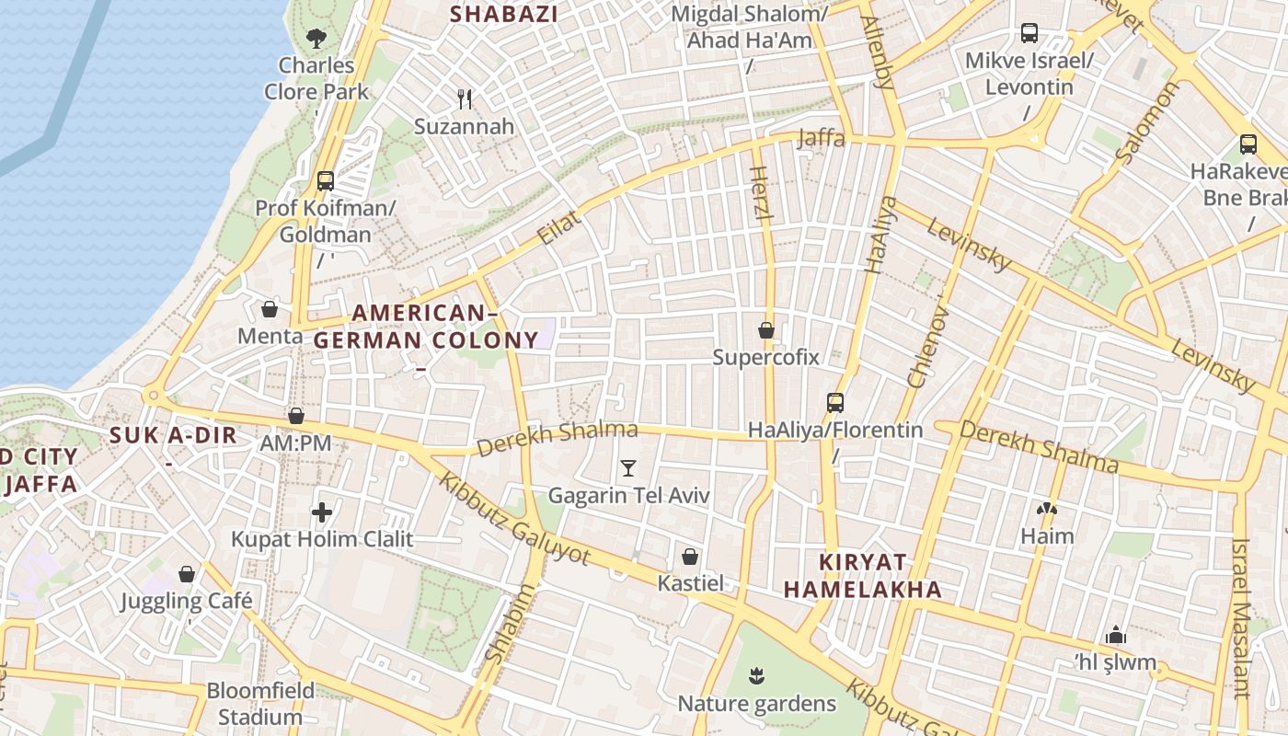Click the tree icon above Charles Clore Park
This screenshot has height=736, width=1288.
(316, 39)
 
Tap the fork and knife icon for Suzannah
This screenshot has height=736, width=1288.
(465, 99)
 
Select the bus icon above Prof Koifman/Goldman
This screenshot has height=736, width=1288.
(325, 181)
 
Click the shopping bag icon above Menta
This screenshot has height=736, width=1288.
(270, 309)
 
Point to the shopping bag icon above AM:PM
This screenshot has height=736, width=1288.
(296, 416)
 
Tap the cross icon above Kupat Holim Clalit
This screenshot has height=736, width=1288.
(322, 512)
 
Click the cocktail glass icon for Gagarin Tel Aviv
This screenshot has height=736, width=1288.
(628, 468)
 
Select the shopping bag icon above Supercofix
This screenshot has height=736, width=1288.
(766, 329)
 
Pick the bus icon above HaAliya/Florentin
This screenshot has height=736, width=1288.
(835, 403)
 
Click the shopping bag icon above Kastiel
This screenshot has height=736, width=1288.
(690, 557)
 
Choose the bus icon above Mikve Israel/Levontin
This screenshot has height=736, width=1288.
(1029, 34)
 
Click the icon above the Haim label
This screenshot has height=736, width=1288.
(1047, 509)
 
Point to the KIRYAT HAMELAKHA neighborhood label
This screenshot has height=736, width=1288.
(863, 576)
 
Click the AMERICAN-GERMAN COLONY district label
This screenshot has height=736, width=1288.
(426, 327)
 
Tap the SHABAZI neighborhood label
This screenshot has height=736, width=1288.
(504, 14)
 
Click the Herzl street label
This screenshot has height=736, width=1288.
(760, 193)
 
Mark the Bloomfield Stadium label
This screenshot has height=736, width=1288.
(260, 704)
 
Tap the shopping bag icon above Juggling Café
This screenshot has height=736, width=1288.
(187, 575)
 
